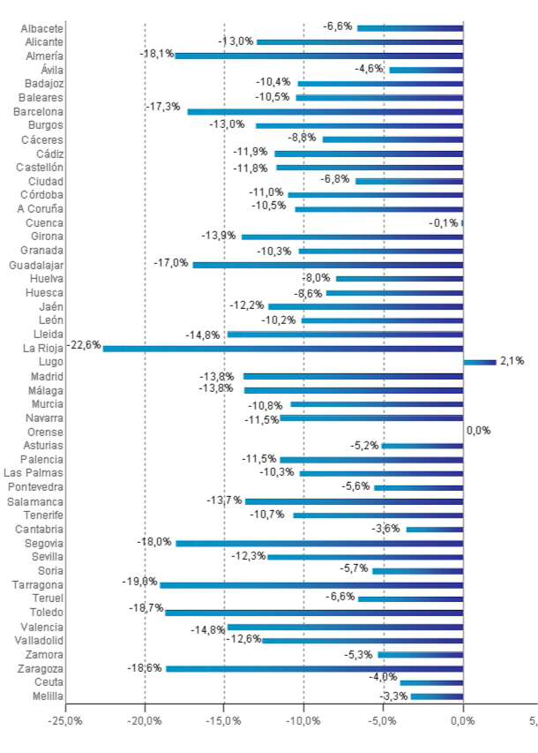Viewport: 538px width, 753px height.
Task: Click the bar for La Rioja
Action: (282, 349)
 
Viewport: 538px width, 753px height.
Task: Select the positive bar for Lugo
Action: (480, 362)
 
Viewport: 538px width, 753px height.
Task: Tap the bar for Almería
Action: (318, 56)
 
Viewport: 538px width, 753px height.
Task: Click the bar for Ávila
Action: (426, 70)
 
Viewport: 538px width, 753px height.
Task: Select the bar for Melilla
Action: (437, 697)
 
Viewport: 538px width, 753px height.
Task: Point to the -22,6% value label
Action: (85, 345)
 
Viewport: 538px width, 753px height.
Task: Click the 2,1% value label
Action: (512, 360)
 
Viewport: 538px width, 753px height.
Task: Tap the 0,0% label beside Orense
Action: (478, 431)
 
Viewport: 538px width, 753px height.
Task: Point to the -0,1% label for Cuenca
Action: (444, 223)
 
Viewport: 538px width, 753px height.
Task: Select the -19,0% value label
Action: (139, 582)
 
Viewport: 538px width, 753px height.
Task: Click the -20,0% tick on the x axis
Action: (145, 720)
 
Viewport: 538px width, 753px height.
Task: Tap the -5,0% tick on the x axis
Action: (384, 720)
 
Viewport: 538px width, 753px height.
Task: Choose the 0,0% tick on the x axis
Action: (463, 720)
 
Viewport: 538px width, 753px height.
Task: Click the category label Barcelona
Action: (38, 111)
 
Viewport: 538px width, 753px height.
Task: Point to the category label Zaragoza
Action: (38, 668)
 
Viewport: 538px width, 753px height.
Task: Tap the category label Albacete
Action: (41, 28)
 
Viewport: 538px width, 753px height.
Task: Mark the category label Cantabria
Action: (39, 529)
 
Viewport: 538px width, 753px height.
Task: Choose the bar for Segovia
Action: (319, 544)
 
